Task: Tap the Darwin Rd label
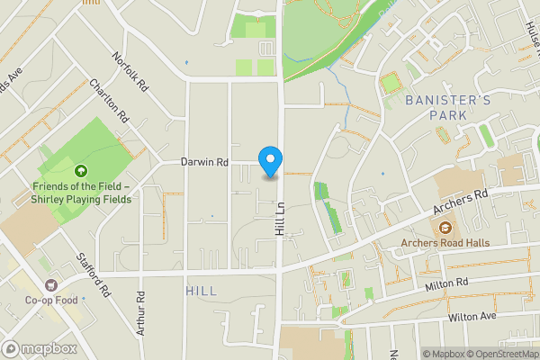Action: (205, 163)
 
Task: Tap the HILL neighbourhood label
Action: (201, 292)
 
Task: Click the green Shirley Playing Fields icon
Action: (81, 170)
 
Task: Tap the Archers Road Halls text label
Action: (444, 242)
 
